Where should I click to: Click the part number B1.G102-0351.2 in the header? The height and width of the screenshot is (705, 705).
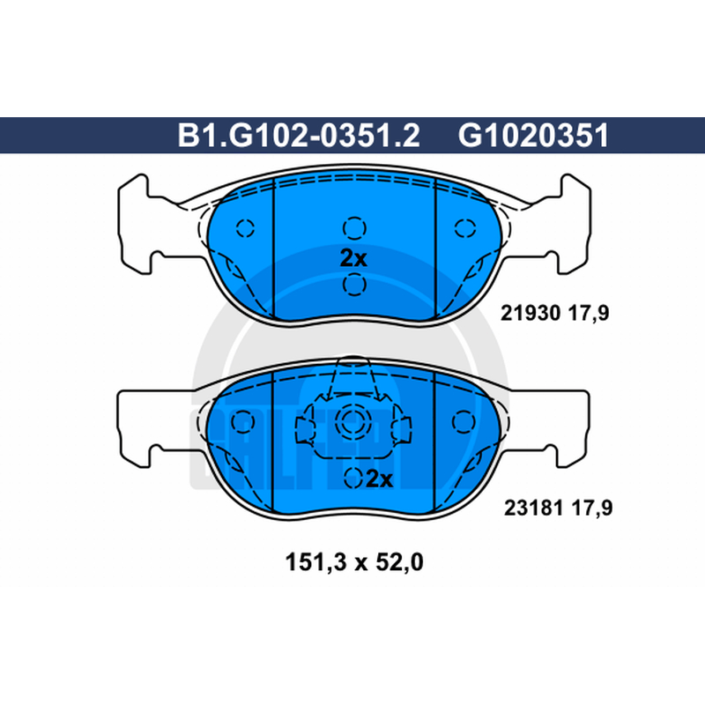(299, 136)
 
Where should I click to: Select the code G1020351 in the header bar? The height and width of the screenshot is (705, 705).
(533, 136)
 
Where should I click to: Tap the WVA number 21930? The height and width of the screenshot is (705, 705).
(531, 313)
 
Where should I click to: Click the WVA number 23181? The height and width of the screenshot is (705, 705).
(534, 508)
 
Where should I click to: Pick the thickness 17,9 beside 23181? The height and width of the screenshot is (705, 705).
(592, 508)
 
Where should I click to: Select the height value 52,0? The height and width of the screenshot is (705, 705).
(399, 562)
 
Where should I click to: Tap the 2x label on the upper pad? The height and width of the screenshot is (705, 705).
(353, 258)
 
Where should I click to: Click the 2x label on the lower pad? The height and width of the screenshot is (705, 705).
(380, 479)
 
